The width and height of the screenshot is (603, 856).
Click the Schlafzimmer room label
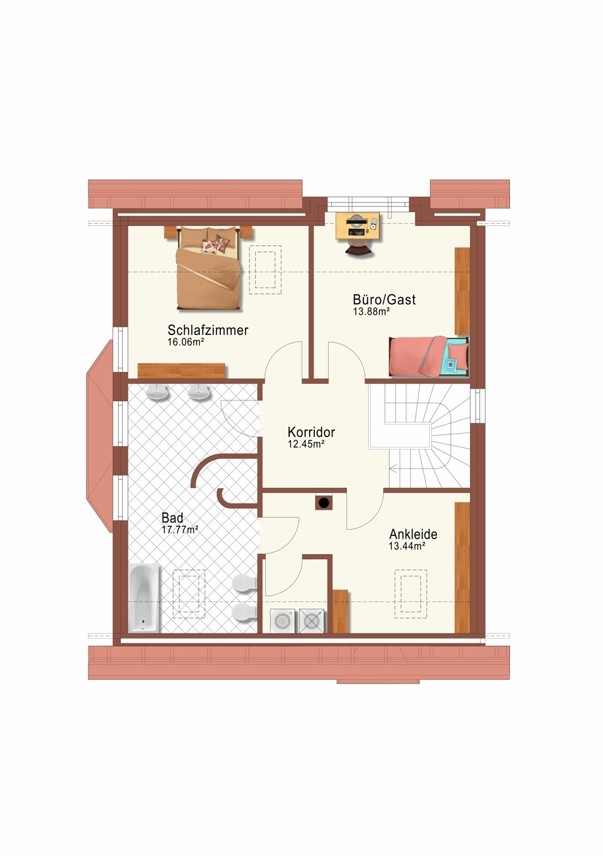(208, 330)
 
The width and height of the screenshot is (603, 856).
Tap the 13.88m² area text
(371, 312)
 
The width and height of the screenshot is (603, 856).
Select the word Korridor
(311, 432)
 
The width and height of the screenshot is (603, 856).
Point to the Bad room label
(172, 518)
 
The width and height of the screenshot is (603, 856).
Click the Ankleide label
(413, 534)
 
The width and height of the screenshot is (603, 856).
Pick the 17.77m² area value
(180, 530)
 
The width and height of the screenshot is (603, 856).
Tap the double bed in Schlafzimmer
(208, 267)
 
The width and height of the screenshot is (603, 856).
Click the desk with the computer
(358, 226)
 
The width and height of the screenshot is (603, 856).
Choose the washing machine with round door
(284, 621)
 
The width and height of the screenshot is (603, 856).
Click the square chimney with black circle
(324, 503)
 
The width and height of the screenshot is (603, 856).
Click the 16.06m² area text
(185, 342)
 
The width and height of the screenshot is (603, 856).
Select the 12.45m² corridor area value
(306, 444)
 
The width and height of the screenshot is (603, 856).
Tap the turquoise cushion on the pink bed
(452, 365)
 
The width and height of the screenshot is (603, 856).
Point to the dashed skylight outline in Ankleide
(411, 594)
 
